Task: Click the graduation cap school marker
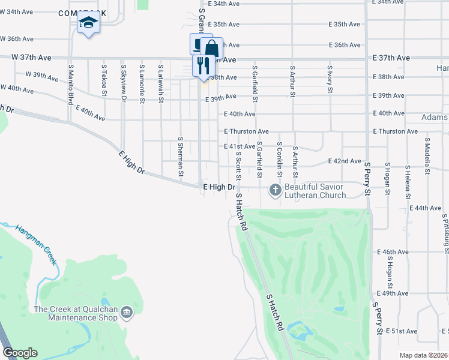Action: [x=88, y=23]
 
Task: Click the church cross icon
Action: [x=276, y=190]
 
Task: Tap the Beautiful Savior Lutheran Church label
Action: [x=315, y=191]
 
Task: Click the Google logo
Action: [x=20, y=353]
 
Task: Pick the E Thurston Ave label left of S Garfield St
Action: [x=246, y=131]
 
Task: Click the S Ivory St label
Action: [x=330, y=79]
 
